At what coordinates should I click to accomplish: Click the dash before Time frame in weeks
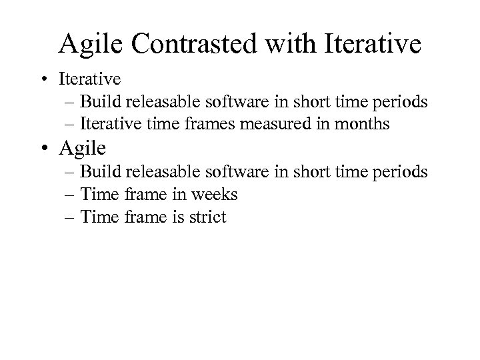pyautogui.click(x=71, y=195)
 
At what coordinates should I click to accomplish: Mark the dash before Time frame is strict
pyautogui.click(x=71, y=217)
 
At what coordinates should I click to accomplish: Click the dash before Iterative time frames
pyautogui.click(x=71, y=124)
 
